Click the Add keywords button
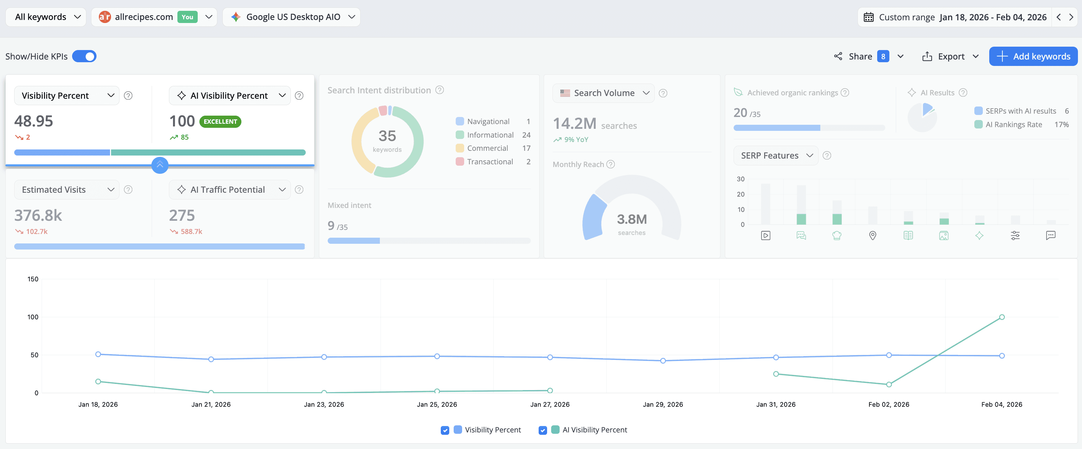pos(1033,56)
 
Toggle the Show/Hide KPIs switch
pos(84,56)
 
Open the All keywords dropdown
pos(46,17)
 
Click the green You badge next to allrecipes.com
pos(187,17)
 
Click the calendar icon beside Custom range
pos(868,17)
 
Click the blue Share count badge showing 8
pos(883,56)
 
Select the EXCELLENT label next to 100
pos(220,121)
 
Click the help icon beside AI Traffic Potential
pos(299,190)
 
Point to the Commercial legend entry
pos(487,148)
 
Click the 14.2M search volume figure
pos(574,124)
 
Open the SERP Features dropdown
pos(775,156)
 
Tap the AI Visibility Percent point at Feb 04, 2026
pos(1002,317)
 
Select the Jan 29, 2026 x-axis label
pos(663,404)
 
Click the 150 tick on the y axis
pos(33,279)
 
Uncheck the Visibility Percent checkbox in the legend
pos(445,430)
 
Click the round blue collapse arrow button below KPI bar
pos(159,165)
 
